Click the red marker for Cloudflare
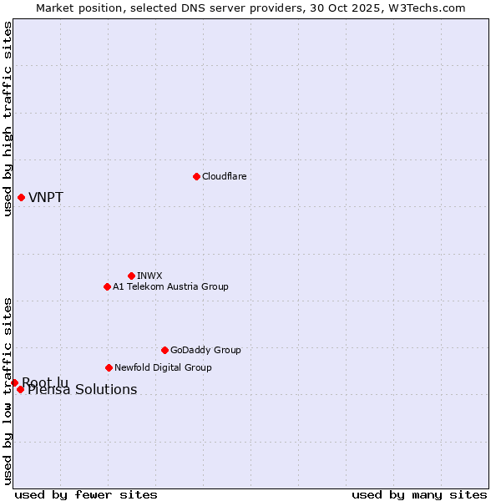click(x=196, y=176)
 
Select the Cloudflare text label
click(x=224, y=176)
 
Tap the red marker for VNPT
click(x=21, y=197)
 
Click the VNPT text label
click(x=46, y=198)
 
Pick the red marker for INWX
click(x=131, y=276)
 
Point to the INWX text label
click(x=149, y=276)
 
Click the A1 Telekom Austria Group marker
click(x=107, y=286)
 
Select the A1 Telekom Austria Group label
click(x=170, y=286)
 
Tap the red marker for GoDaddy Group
click(x=164, y=350)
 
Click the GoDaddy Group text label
click(x=205, y=350)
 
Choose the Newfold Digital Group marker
click(x=109, y=367)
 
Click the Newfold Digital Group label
click(x=163, y=367)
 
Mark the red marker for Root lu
click(x=14, y=382)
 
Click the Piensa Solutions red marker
click(x=20, y=389)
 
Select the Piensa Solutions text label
click(x=83, y=390)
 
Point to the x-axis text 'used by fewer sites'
click(x=86, y=494)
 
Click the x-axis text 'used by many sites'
click(x=419, y=494)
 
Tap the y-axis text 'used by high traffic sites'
click(x=8, y=119)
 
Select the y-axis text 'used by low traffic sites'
click(x=8, y=391)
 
